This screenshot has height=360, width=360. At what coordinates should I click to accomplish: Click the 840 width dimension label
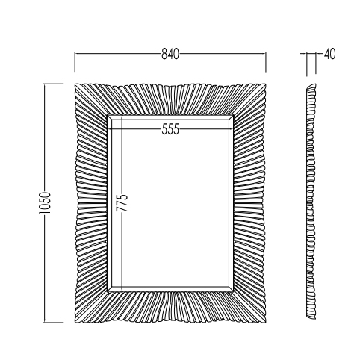(170, 54)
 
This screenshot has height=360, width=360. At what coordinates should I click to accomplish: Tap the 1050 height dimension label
(45, 203)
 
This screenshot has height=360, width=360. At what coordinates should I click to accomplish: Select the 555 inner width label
(170, 129)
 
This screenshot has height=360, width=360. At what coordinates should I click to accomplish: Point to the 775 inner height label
(122, 202)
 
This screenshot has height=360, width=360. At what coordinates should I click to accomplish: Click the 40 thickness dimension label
(330, 54)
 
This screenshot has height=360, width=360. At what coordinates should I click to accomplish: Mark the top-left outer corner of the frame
(75, 84)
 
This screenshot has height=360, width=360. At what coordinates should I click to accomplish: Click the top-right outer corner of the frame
(266, 84)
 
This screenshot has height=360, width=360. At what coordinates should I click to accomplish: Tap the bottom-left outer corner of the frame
(75, 323)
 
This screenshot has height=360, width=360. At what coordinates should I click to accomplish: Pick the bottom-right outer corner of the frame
(266, 323)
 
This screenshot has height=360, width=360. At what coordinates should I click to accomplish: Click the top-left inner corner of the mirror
(108, 115)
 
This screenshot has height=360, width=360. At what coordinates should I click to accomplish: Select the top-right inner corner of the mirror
(233, 115)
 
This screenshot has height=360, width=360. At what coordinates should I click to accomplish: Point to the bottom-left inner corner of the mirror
(108, 291)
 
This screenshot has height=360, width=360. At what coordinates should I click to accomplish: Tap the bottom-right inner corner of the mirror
(233, 291)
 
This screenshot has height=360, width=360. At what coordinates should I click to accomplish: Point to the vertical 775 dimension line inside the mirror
(122, 203)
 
